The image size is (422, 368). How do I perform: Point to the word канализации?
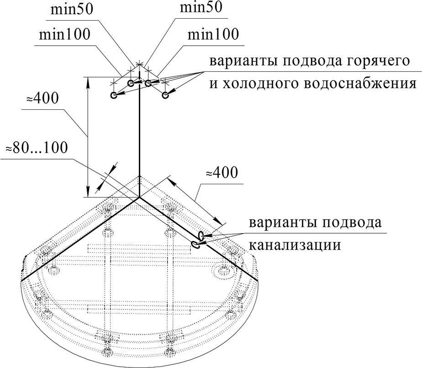pyautogui.click(x=295, y=245)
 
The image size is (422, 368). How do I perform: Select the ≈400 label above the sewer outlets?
pyautogui.click(x=221, y=173)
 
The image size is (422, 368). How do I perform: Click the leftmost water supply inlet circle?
pyautogui.click(x=114, y=96)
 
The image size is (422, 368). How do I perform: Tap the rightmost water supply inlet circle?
pyautogui.click(x=165, y=95)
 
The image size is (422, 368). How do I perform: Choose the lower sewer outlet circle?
pyautogui.click(x=195, y=245)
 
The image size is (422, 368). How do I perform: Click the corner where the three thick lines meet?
pyautogui.click(x=139, y=197)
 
